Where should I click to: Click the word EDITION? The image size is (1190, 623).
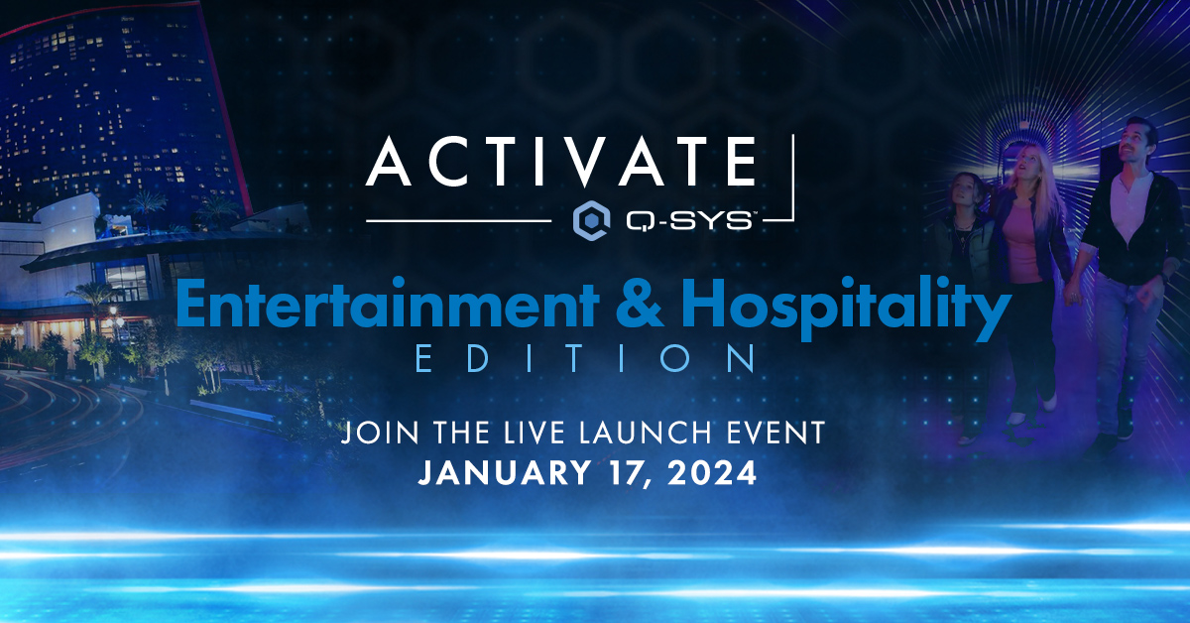click(x=586, y=358)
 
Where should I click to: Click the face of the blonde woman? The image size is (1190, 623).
click(x=1035, y=167)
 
